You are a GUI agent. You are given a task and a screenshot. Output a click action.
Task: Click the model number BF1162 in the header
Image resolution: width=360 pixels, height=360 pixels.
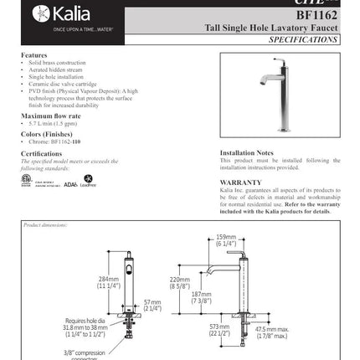pos(316,15)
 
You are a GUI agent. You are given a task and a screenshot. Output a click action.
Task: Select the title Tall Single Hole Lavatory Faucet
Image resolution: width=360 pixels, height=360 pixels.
pos(271,28)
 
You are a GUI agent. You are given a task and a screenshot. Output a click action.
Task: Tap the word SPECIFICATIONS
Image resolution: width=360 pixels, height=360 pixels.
pos(304,39)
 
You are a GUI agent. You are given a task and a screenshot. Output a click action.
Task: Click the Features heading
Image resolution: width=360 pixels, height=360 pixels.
pos(34,55)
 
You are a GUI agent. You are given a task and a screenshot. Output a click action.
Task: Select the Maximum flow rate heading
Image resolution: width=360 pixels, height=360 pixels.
pos(51,116)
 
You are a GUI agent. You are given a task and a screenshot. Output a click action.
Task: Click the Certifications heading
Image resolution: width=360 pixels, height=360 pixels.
pos(41,153)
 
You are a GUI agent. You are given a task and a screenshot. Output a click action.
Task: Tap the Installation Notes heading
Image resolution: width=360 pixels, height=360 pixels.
pos(246,153)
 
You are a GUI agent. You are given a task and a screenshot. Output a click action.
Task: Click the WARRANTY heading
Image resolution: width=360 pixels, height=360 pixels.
pos(240,182)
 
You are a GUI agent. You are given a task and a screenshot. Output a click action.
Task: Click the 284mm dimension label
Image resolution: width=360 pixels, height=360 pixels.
pos(108,282)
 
